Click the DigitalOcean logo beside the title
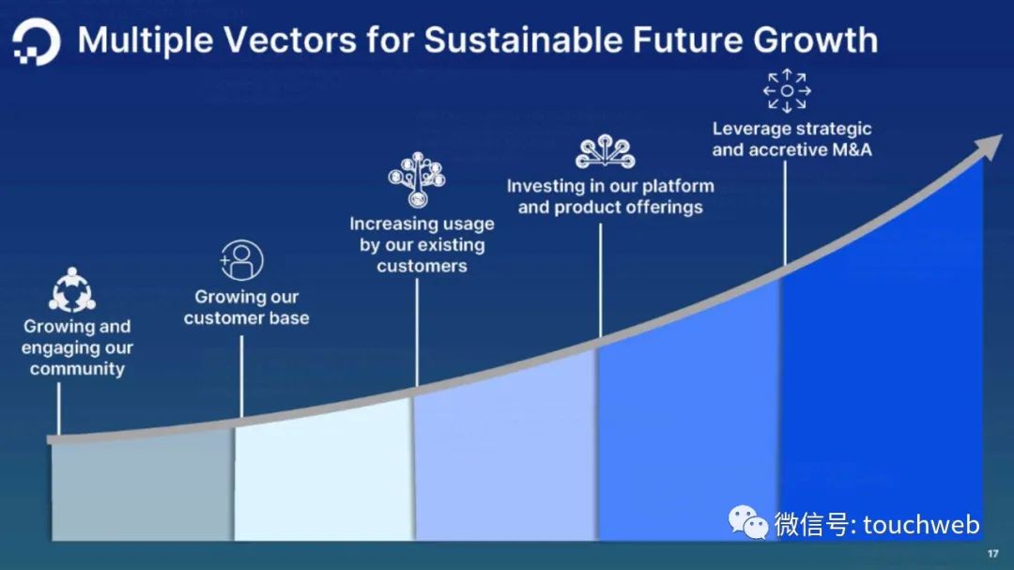tap(36, 41)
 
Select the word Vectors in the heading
tap(290, 40)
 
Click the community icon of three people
tap(71, 290)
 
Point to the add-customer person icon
tap(241, 260)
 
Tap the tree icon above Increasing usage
tap(417, 180)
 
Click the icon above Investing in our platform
tap(606, 151)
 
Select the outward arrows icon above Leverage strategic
tap(787, 90)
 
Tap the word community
tap(77, 369)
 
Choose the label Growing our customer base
tap(246, 307)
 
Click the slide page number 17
tap(992, 554)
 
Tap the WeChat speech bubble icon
tap(747, 522)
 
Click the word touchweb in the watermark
tap(921, 525)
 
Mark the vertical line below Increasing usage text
tap(417, 332)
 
